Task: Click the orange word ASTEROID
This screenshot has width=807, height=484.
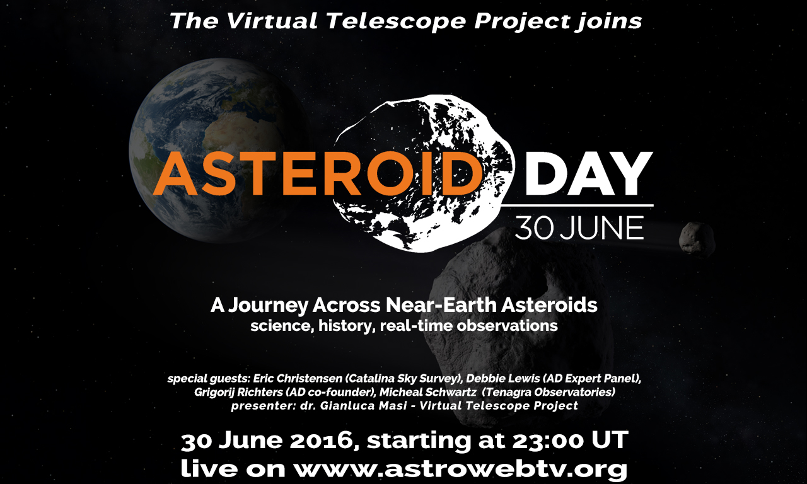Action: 318,173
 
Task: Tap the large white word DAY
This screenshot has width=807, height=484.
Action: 589,173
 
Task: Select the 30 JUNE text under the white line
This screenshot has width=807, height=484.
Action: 579,228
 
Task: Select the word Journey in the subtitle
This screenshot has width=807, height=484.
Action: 269,306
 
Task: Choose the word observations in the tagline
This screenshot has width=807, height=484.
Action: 508,326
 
